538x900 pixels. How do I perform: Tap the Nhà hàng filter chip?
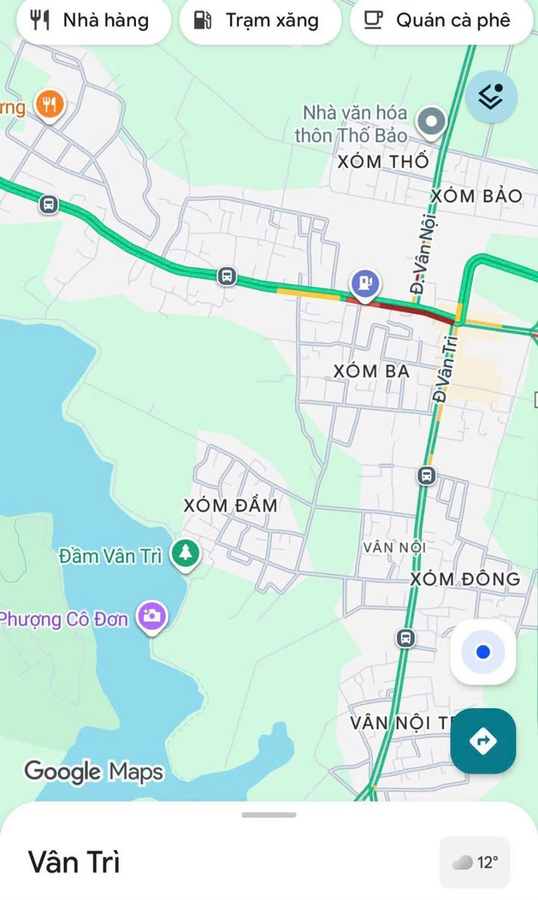click(x=90, y=20)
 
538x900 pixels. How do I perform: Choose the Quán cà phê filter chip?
click(x=442, y=20)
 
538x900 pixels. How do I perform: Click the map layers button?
click(x=491, y=96)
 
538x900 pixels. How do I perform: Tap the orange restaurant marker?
click(x=49, y=105)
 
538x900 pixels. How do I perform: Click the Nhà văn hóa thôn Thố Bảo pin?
click(x=431, y=122)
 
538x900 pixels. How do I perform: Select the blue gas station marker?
click(x=365, y=284)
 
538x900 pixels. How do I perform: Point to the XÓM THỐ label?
click(x=383, y=161)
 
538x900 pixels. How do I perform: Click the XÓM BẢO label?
click(x=477, y=196)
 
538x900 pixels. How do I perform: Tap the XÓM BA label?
click(x=371, y=370)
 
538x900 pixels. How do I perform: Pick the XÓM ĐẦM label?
click(x=231, y=506)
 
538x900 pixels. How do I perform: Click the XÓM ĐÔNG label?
click(x=465, y=579)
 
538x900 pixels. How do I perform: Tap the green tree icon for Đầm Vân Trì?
click(x=185, y=554)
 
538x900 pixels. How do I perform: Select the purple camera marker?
click(x=152, y=616)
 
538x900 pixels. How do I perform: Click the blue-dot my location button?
click(x=483, y=652)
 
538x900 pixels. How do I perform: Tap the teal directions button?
click(x=483, y=741)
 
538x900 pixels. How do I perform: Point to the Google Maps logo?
click(x=93, y=771)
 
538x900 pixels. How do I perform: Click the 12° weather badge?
click(x=475, y=863)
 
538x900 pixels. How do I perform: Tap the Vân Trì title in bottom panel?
click(x=74, y=862)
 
